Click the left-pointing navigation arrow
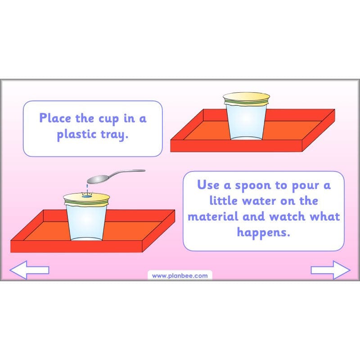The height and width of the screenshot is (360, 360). pyautogui.click(x=29, y=270)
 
